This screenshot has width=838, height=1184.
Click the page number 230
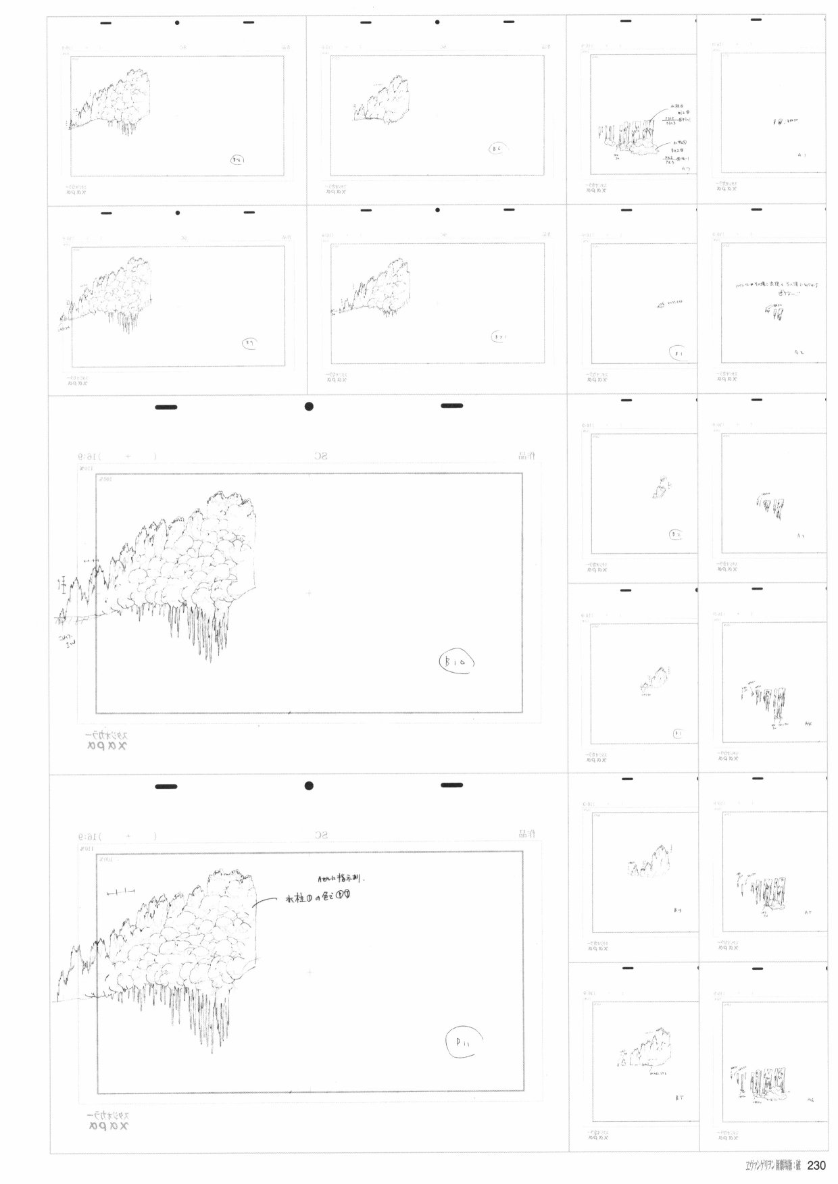[x=816, y=1166]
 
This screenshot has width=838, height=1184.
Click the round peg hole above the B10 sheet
[x=309, y=407]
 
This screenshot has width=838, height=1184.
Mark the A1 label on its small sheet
[x=801, y=155]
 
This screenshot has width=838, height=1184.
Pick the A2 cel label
[x=799, y=352]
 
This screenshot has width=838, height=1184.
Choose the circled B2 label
[x=676, y=534]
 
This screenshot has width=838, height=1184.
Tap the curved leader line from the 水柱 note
[x=267, y=901]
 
